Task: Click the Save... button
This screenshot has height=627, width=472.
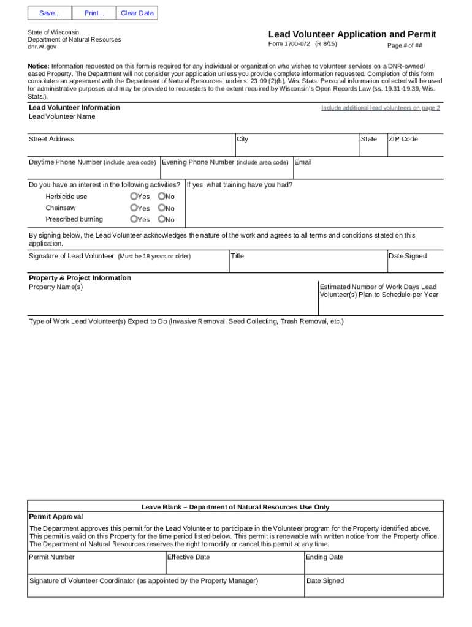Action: [x=50, y=13]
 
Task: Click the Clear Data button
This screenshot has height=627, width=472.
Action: [x=137, y=13]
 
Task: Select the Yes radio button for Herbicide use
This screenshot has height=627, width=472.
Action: [x=134, y=197]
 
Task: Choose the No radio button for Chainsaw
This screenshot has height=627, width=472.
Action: [x=161, y=208]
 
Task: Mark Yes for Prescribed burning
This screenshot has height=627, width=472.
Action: [x=134, y=219]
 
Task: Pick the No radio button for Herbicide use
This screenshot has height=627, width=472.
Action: [x=161, y=197]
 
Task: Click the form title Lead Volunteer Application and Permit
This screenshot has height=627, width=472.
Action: [x=352, y=34]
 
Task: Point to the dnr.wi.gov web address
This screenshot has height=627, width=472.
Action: [x=42, y=47]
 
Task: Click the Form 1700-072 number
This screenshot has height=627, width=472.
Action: [x=289, y=44]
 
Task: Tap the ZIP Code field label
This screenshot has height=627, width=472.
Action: [x=403, y=139]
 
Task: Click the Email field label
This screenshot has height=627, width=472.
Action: [x=303, y=162]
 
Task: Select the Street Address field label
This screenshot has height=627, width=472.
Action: [x=51, y=139]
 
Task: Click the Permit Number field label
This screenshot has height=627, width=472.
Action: [x=52, y=557]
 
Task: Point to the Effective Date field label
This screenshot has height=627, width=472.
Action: [x=188, y=557]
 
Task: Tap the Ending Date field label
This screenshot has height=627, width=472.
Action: [x=324, y=557]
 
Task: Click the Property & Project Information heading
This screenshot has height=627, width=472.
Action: [x=80, y=278]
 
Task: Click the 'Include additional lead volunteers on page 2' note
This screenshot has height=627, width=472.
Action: [x=380, y=108]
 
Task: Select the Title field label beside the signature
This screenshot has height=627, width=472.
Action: [x=237, y=256]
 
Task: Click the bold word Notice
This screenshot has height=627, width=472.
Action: [x=38, y=66]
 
